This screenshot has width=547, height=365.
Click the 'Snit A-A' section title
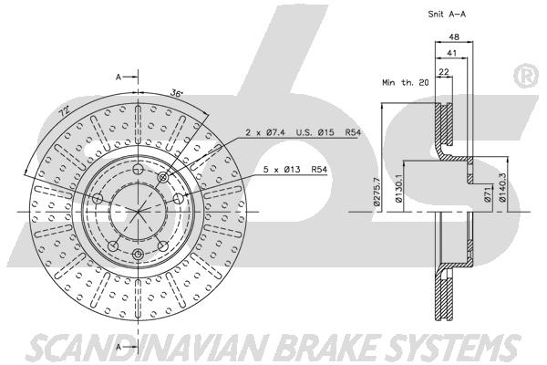click(x=447, y=15)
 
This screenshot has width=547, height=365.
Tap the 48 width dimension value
click(x=454, y=36)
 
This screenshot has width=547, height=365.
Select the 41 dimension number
click(x=452, y=53)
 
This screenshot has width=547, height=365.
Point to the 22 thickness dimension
click(x=444, y=71)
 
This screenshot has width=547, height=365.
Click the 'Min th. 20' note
click(x=406, y=83)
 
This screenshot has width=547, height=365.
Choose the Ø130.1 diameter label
click(x=398, y=189)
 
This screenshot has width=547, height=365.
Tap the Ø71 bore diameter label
click(x=488, y=194)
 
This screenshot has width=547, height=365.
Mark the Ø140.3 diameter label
click(x=502, y=188)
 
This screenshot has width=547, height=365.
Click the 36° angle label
click(x=177, y=93)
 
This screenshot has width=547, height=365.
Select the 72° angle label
click(x=64, y=111)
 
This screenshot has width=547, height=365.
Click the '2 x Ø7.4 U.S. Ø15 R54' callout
click(x=303, y=132)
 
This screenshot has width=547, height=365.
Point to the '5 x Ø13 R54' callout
click(x=295, y=170)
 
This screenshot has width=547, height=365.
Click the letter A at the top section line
click(x=119, y=77)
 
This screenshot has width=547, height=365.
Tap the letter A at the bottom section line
click(x=119, y=347)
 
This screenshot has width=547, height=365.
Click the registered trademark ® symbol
click(x=526, y=76)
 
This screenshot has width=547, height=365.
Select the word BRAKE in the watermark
click(x=328, y=347)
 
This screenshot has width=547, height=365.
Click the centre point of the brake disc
click(x=139, y=212)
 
